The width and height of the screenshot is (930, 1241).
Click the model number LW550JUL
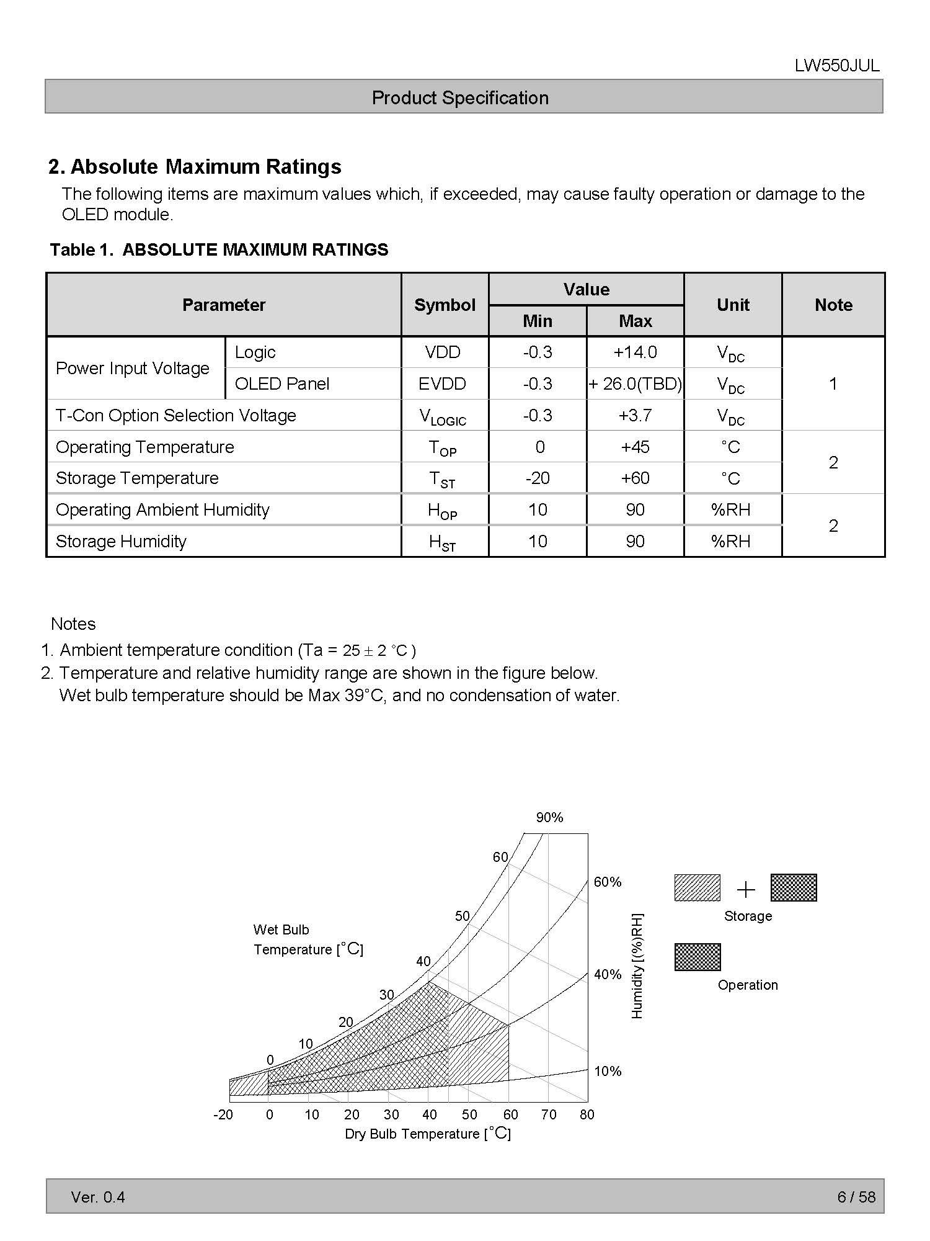pyautogui.click(x=836, y=66)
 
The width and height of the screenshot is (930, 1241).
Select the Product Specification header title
pyautogui.click(x=460, y=98)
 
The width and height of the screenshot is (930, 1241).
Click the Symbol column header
pyautogui.click(x=445, y=305)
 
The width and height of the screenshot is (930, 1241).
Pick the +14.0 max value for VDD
pyautogui.click(x=635, y=352)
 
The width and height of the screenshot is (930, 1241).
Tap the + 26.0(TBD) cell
pyautogui.click(x=635, y=384)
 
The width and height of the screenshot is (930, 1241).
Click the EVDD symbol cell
pyautogui.click(x=442, y=384)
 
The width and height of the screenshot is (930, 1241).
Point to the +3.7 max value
pyautogui.click(x=635, y=416)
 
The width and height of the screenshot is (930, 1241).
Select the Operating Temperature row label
pyautogui.click(x=145, y=447)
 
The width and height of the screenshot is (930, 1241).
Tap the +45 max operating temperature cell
pyautogui.click(x=635, y=447)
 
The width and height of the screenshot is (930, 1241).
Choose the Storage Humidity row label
pyautogui.click(x=121, y=542)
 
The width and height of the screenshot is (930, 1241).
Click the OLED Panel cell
pyautogui.click(x=282, y=384)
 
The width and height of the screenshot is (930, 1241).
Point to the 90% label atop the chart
pyautogui.click(x=549, y=818)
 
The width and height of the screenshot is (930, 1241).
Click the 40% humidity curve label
pyautogui.click(x=608, y=975)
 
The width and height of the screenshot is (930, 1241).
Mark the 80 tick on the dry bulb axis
pyautogui.click(x=587, y=1115)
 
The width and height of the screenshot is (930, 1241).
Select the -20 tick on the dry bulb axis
pyautogui.click(x=223, y=1115)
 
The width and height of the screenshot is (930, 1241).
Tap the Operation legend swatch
pyautogui.click(x=697, y=957)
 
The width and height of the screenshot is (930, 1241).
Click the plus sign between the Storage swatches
pyautogui.click(x=746, y=890)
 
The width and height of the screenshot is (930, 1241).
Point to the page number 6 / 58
pyautogui.click(x=856, y=1197)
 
